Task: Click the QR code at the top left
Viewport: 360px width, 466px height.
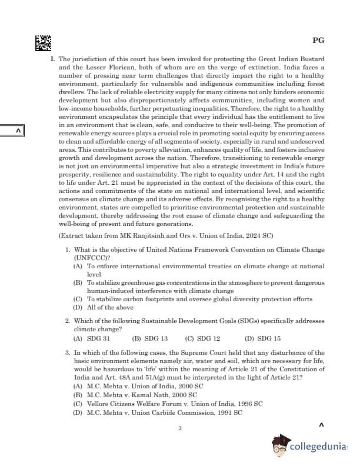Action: click(43, 42)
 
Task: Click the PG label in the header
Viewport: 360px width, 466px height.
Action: click(318, 41)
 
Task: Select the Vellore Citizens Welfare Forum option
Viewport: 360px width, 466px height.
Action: click(168, 404)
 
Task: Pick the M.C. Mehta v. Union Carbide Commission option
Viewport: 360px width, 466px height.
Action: click(157, 413)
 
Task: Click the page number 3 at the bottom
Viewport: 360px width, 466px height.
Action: click(180, 428)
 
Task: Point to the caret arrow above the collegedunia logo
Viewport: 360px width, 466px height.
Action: click(321, 424)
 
